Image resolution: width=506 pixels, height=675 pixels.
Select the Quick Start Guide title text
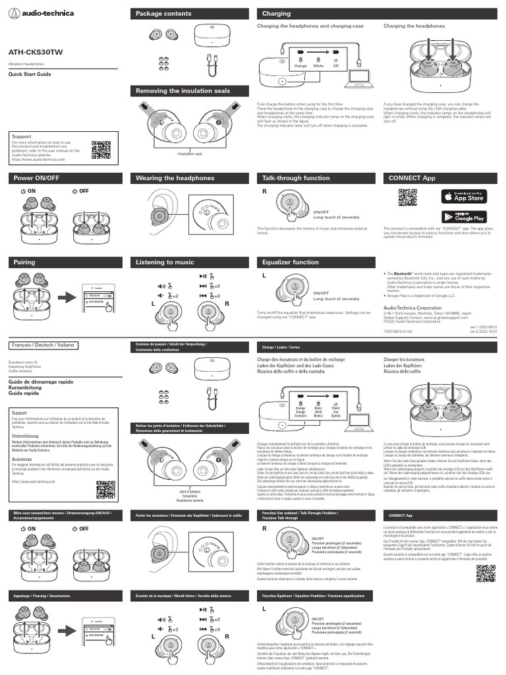click(29, 74)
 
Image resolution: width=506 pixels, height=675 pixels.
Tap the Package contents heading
click(163, 13)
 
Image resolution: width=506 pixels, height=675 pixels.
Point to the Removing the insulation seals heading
click(183, 90)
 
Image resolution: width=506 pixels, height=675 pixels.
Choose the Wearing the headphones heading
click(175, 178)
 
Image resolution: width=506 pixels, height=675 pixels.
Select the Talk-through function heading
click(296, 178)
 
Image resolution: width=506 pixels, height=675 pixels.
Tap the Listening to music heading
click(165, 262)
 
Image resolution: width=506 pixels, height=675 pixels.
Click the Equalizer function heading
click(291, 262)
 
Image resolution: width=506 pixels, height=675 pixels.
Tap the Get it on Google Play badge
click(464, 216)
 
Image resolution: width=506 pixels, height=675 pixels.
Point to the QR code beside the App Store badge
click(408, 198)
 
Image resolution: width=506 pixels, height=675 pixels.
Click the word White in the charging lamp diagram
click(318, 67)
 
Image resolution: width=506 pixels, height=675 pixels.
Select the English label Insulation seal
click(190, 154)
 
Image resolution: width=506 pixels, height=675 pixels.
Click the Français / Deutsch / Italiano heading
click(43, 345)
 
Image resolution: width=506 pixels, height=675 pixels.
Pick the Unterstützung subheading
click(26, 436)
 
